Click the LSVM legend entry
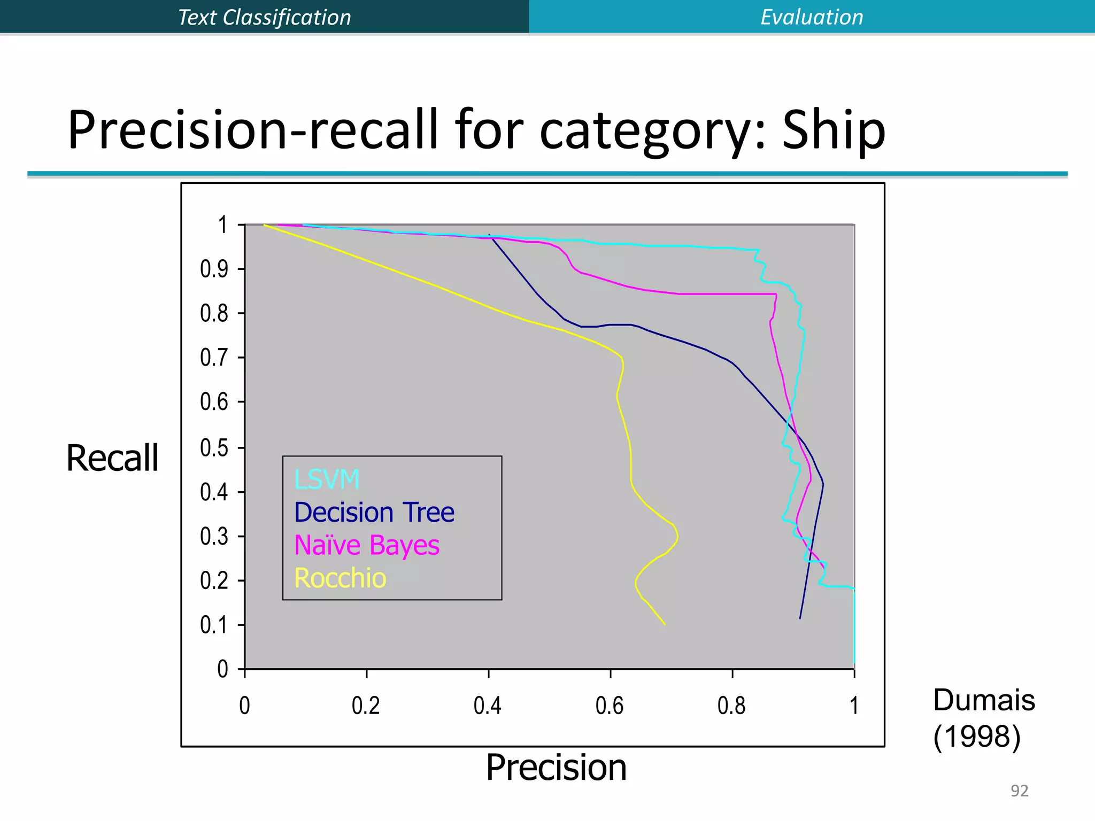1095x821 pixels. tap(327, 479)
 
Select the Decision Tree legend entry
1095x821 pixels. tap(374, 513)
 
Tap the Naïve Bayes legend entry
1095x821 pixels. tap(367, 546)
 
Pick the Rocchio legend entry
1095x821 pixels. tap(340, 578)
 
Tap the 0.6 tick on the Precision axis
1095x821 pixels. tap(610, 706)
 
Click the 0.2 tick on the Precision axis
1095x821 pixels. tap(366, 706)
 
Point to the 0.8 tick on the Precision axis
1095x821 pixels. tap(731, 706)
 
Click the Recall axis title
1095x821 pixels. tap(112, 459)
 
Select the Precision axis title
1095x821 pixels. tap(556, 768)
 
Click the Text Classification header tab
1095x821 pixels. tap(265, 17)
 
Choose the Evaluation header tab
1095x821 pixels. tap(812, 17)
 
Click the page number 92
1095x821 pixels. tap(1019, 791)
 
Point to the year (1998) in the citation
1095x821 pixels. tap(977, 737)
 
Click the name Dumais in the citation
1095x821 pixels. tap(984, 700)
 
